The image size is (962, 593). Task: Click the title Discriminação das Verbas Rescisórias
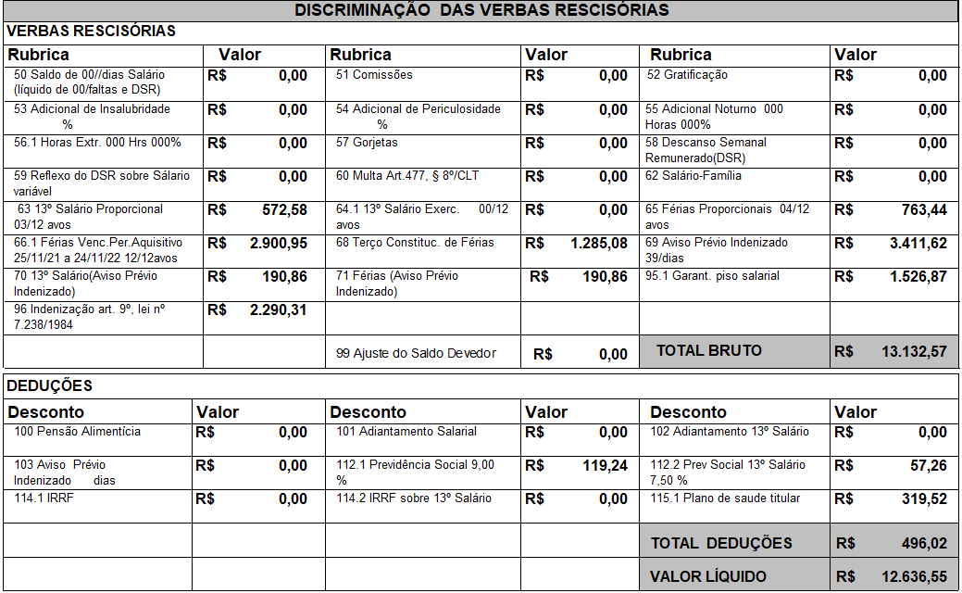481,10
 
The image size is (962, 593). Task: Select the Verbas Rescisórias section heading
91,32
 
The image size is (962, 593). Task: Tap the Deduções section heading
50,385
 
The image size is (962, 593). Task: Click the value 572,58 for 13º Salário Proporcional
284,210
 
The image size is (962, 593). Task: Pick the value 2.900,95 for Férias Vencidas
279,244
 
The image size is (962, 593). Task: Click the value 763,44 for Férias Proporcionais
924,210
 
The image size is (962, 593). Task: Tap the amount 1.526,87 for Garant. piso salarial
915,277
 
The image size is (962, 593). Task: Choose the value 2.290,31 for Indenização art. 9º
279,310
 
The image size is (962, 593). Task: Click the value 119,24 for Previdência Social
605,466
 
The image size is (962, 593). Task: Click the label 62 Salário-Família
693,176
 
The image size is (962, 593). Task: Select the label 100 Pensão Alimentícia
78,432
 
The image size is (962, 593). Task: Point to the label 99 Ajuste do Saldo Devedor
416,353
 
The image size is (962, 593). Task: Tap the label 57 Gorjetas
367,143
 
